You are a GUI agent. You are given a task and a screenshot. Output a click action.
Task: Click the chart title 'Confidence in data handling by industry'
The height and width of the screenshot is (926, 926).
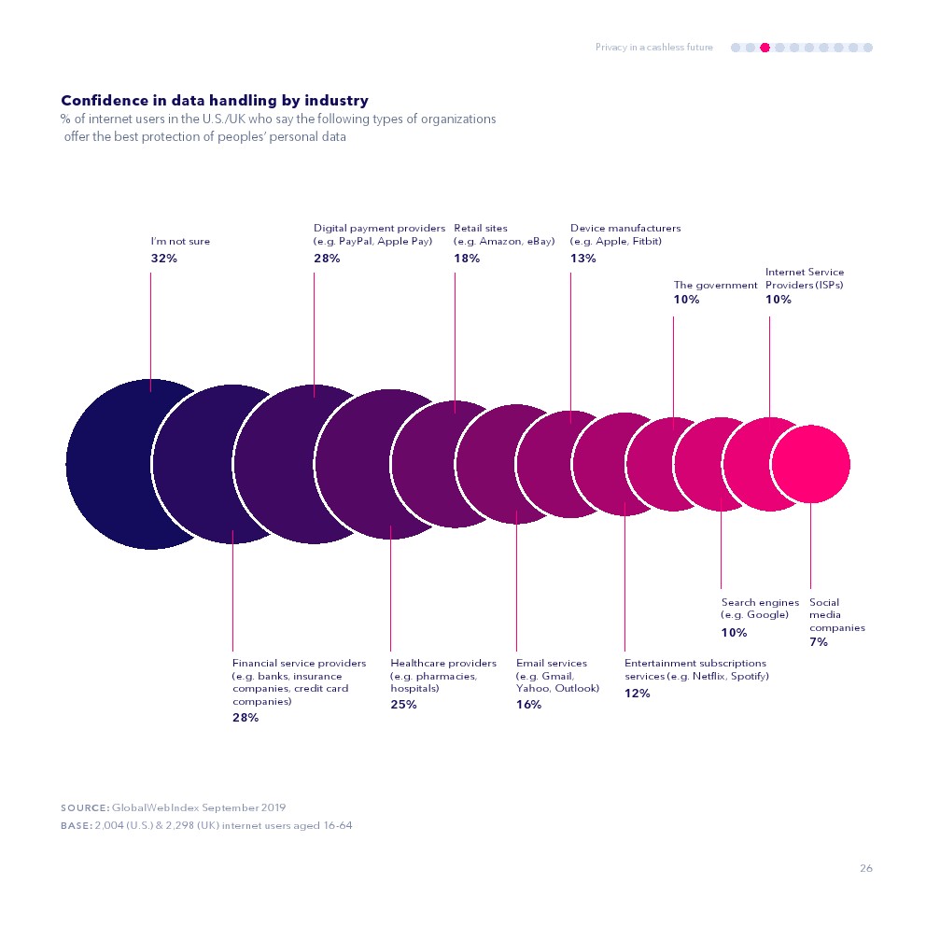point(214,101)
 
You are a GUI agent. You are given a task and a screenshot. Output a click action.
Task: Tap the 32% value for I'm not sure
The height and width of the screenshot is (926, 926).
point(164,259)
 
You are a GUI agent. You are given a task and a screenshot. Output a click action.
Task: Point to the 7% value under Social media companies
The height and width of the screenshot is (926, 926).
point(819,642)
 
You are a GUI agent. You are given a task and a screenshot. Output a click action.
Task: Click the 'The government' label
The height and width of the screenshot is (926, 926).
point(715,286)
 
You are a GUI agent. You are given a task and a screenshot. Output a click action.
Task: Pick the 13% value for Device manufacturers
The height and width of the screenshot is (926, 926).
point(582,259)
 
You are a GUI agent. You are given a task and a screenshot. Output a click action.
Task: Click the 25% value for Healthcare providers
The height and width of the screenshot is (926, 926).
point(403,705)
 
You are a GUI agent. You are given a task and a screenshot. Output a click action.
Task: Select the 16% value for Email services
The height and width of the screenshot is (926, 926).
point(528,705)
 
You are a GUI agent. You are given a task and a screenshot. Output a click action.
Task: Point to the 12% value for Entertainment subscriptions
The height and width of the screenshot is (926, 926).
point(637,694)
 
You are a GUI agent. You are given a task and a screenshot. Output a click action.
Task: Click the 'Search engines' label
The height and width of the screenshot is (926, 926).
point(760,603)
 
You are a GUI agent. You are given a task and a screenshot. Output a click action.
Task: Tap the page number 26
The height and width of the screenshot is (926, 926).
point(866,869)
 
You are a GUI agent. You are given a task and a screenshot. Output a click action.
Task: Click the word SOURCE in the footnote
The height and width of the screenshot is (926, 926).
point(83,807)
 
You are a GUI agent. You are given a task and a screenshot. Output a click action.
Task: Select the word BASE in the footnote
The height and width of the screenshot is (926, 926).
point(75,825)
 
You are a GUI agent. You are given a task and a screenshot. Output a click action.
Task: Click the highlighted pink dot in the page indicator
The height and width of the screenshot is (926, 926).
point(765,48)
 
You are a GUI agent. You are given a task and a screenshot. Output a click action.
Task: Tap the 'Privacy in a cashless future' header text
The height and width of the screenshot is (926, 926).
point(653,48)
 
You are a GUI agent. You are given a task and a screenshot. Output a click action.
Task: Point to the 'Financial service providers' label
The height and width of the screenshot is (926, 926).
point(299,664)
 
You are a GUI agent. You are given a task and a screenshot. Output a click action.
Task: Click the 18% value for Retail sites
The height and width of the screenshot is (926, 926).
point(467,259)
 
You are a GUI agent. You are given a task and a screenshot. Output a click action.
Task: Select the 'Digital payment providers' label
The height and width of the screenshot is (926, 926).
point(379,228)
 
